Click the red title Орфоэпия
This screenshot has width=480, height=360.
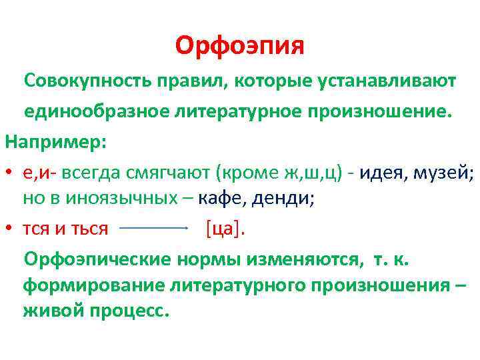240,46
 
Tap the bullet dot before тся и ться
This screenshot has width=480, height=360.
10,229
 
